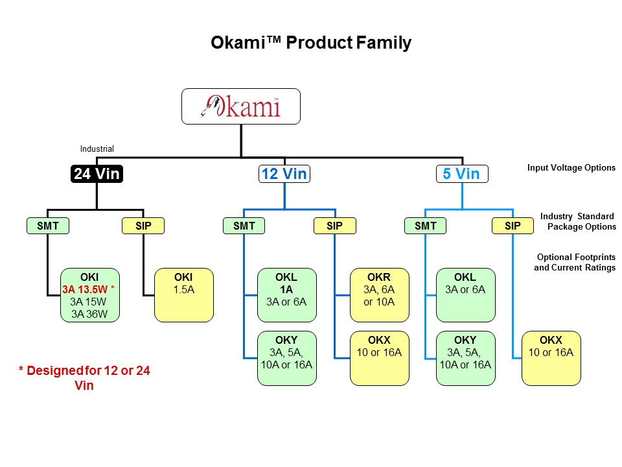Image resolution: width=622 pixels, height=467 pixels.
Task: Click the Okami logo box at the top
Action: [241, 106]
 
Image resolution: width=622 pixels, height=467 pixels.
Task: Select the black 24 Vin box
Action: [96, 174]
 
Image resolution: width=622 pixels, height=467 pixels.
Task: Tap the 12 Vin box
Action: [284, 174]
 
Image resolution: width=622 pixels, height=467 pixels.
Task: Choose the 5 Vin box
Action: [461, 174]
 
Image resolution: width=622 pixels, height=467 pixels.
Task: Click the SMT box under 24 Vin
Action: [47, 226]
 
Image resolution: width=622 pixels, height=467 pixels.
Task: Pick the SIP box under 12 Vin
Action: [334, 226]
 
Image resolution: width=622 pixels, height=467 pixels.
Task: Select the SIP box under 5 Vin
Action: [513, 226]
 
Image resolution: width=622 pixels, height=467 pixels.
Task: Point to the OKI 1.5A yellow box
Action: [184, 295]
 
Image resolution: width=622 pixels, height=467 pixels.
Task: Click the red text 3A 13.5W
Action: [84, 290]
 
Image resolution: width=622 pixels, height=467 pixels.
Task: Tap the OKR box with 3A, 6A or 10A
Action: [379, 295]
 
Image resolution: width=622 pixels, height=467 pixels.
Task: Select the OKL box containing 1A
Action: [287, 295]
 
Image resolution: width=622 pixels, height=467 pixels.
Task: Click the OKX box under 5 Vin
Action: [551, 358]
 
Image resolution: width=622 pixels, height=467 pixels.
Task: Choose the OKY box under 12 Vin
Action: [287, 358]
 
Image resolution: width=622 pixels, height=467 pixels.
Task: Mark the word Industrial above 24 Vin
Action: [97, 149]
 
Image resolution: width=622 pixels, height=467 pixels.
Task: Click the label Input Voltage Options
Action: [571, 167]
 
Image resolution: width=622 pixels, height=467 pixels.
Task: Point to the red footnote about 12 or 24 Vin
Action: [84, 377]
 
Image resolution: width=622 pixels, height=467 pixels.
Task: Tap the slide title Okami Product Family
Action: [311, 43]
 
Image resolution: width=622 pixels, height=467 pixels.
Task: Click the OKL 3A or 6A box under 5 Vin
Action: [465, 295]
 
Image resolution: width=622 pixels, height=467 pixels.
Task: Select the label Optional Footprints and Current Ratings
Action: [574, 262]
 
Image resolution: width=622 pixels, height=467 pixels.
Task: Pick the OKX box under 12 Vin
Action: [379, 358]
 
